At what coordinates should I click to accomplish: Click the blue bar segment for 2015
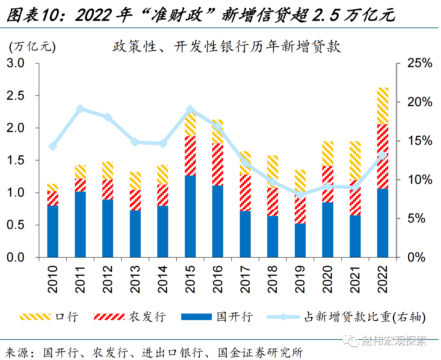pyautogui.click(x=190, y=216)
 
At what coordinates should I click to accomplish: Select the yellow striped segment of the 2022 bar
pyautogui.click(x=383, y=106)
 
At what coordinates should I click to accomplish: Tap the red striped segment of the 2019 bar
pyautogui.click(x=300, y=210)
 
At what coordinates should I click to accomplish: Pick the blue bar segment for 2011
pyautogui.click(x=80, y=224)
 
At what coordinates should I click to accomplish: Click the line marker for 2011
pyautogui.click(x=80, y=109)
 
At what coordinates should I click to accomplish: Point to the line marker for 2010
pyautogui.click(x=53, y=146)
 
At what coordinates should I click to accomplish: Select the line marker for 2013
pyautogui.click(x=135, y=142)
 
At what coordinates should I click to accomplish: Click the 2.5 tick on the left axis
pyautogui.click(x=15, y=96)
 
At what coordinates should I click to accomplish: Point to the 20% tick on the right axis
pyautogui.click(x=419, y=102)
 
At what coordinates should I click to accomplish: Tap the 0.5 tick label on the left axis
pyautogui.click(x=15, y=225)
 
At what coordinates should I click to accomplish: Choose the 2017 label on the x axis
pyautogui.click(x=245, y=279)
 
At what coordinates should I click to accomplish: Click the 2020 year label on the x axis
pyautogui.click(x=328, y=279)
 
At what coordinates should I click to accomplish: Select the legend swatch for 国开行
pyautogui.click(x=196, y=317)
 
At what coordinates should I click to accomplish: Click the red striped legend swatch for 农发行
pyautogui.click(x=109, y=317)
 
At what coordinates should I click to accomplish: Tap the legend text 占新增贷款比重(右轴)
pyautogui.click(x=365, y=317)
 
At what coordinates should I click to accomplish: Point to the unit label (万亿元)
pyautogui.click(x=32, y=47)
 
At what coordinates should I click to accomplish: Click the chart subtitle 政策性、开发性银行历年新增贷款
pyautogui.click(x=226, y=47)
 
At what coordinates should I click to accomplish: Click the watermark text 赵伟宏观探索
pyautogui.click(x=394, y=341)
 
